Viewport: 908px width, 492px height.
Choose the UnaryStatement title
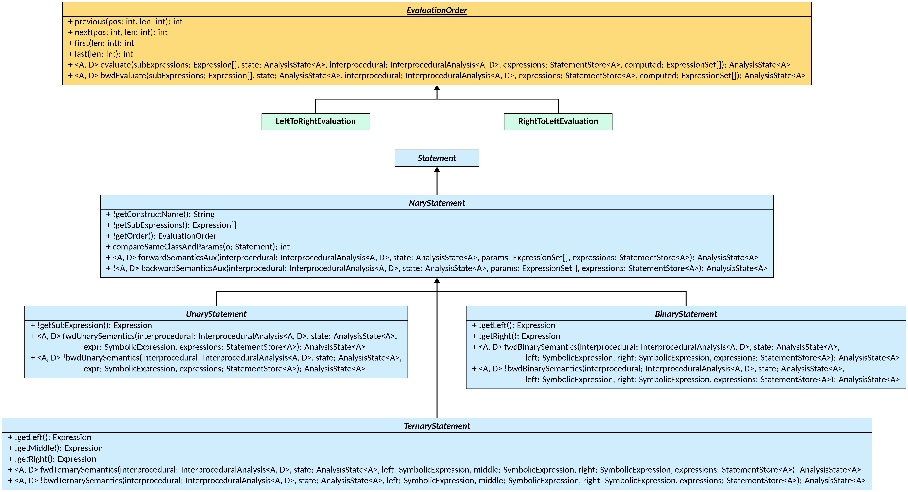[216, 314]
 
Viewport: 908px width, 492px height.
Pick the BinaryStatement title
[686, 314]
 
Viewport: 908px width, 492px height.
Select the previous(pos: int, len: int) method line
[125, 21]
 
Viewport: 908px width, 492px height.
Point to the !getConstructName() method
[160, 214]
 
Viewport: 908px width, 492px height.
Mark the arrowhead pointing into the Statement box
[437, 170]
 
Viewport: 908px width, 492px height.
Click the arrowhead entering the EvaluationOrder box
[437, 87]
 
